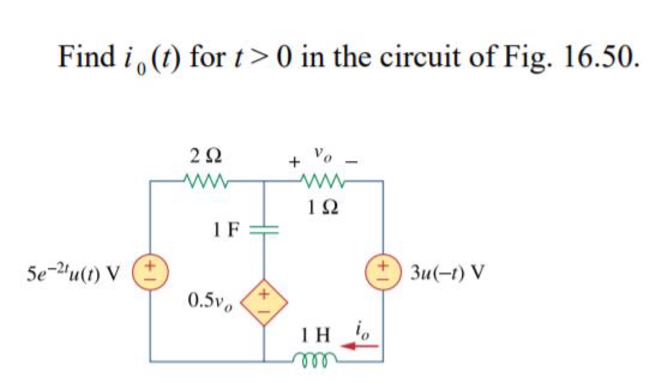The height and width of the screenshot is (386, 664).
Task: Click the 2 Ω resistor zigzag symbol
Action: coord(206,180)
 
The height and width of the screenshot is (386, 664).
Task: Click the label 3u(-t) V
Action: coord(447,273)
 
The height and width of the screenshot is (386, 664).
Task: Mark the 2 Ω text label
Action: coord(206,156)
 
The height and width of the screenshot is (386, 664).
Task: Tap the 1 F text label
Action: coord(226,230)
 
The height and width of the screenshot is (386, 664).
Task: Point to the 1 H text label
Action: coord(316,335)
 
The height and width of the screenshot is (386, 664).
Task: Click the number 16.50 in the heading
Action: coord(600,57)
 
